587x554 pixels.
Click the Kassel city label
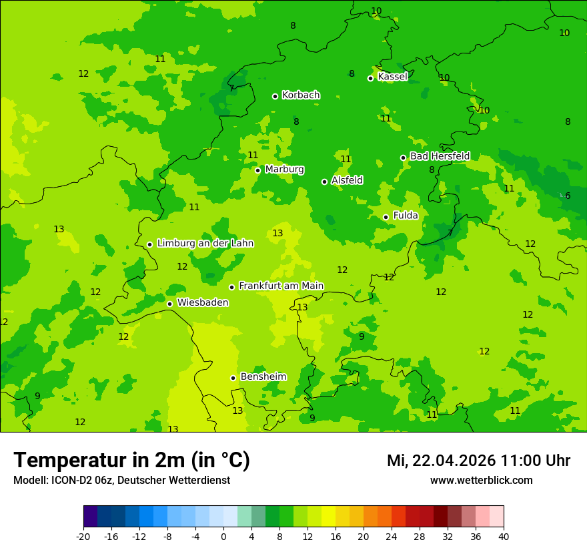(x=392, y=77)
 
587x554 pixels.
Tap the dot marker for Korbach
(x=275, y=96)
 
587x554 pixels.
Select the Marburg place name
(x=284, y=170)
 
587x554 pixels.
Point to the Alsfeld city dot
(x=324, y=182)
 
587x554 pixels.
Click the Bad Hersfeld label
(x=440, y=156)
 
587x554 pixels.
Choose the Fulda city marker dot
(x=386, y=217)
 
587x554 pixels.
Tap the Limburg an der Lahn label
(x=205, y=244)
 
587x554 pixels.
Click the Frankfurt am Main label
(x=281, y=286)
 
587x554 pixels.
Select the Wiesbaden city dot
(x=169, y=304)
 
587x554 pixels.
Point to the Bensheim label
(x=263, y=376)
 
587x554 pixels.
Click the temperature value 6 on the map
(x=568, y=196)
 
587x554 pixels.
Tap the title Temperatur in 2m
(x=131, y=461)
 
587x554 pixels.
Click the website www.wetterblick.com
(x=481, y=481)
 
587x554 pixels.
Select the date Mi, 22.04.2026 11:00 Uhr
(x=478, y=461)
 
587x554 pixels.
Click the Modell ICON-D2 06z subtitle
(x=121, y=481)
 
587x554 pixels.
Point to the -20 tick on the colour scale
(x=83, y=537)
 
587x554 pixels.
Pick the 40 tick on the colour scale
(x=504, y=537)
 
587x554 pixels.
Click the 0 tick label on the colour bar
(x=223, y=537)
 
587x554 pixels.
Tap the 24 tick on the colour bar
(x=392, y=537)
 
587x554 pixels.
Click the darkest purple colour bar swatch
(x=90, y=517)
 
